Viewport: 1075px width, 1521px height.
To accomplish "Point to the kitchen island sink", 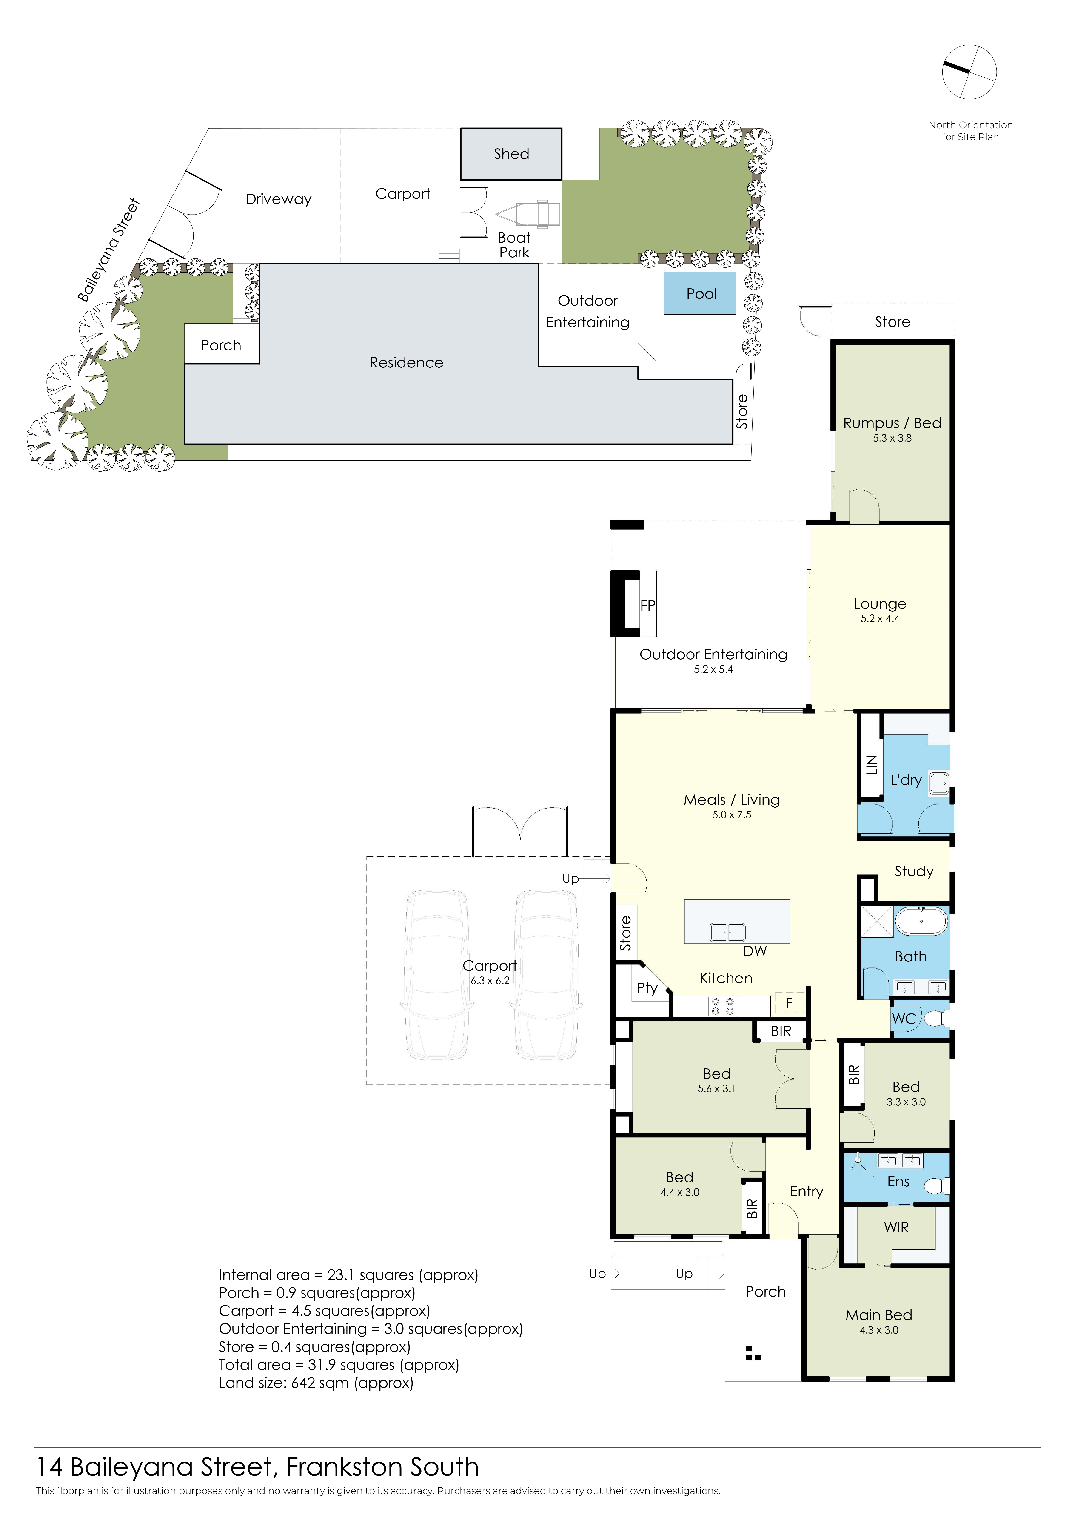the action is (x=727, y=932).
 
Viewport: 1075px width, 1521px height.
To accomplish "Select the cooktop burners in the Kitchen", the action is (x=721, y=1006).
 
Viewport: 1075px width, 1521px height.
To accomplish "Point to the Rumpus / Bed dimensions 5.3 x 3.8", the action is (x=892, y=438).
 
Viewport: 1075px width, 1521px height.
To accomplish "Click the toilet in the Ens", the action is (x=937, y=1185).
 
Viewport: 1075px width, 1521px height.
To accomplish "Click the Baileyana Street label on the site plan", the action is (x=108, y=250).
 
